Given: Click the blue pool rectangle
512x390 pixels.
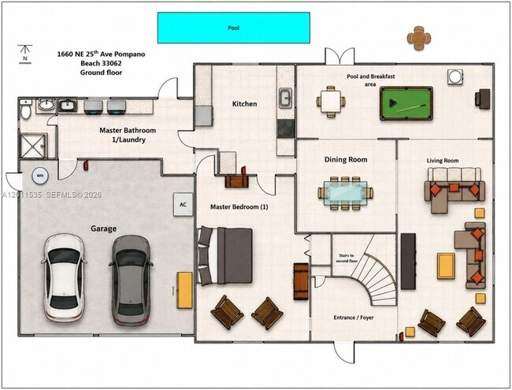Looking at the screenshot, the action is tap(234, 28).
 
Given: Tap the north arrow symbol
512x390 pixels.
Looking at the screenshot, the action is tap(25, 54).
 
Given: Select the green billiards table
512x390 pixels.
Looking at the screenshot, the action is tap(406, 103).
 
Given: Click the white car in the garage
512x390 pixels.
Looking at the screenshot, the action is tap(65, 277).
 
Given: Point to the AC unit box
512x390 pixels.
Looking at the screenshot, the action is tap(184, 205).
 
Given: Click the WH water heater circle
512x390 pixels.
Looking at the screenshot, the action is tap(40, 176).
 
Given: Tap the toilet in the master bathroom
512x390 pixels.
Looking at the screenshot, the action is tap(25, 110).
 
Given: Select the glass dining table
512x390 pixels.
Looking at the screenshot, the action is tap(345, 193).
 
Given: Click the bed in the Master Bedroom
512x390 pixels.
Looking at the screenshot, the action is tap(225, 256).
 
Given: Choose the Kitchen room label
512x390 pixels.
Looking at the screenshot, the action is tap(244, 104).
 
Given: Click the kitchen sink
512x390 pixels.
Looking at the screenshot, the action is tap(286, 98).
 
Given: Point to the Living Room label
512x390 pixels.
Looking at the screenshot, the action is tap(443, 161).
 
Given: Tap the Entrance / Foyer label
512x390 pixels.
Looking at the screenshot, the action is tap(354, 318).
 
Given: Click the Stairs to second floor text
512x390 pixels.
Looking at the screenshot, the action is tap(347, 258).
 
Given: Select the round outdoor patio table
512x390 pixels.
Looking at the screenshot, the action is tap(419, 39).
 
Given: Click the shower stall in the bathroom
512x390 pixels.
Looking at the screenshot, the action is tap(33, 146).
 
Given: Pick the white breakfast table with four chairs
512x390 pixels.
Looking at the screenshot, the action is tap(331, 102).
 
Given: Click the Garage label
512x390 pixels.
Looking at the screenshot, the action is tap(103, 228).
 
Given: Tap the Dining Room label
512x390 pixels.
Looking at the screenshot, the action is tap(346, 160).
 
